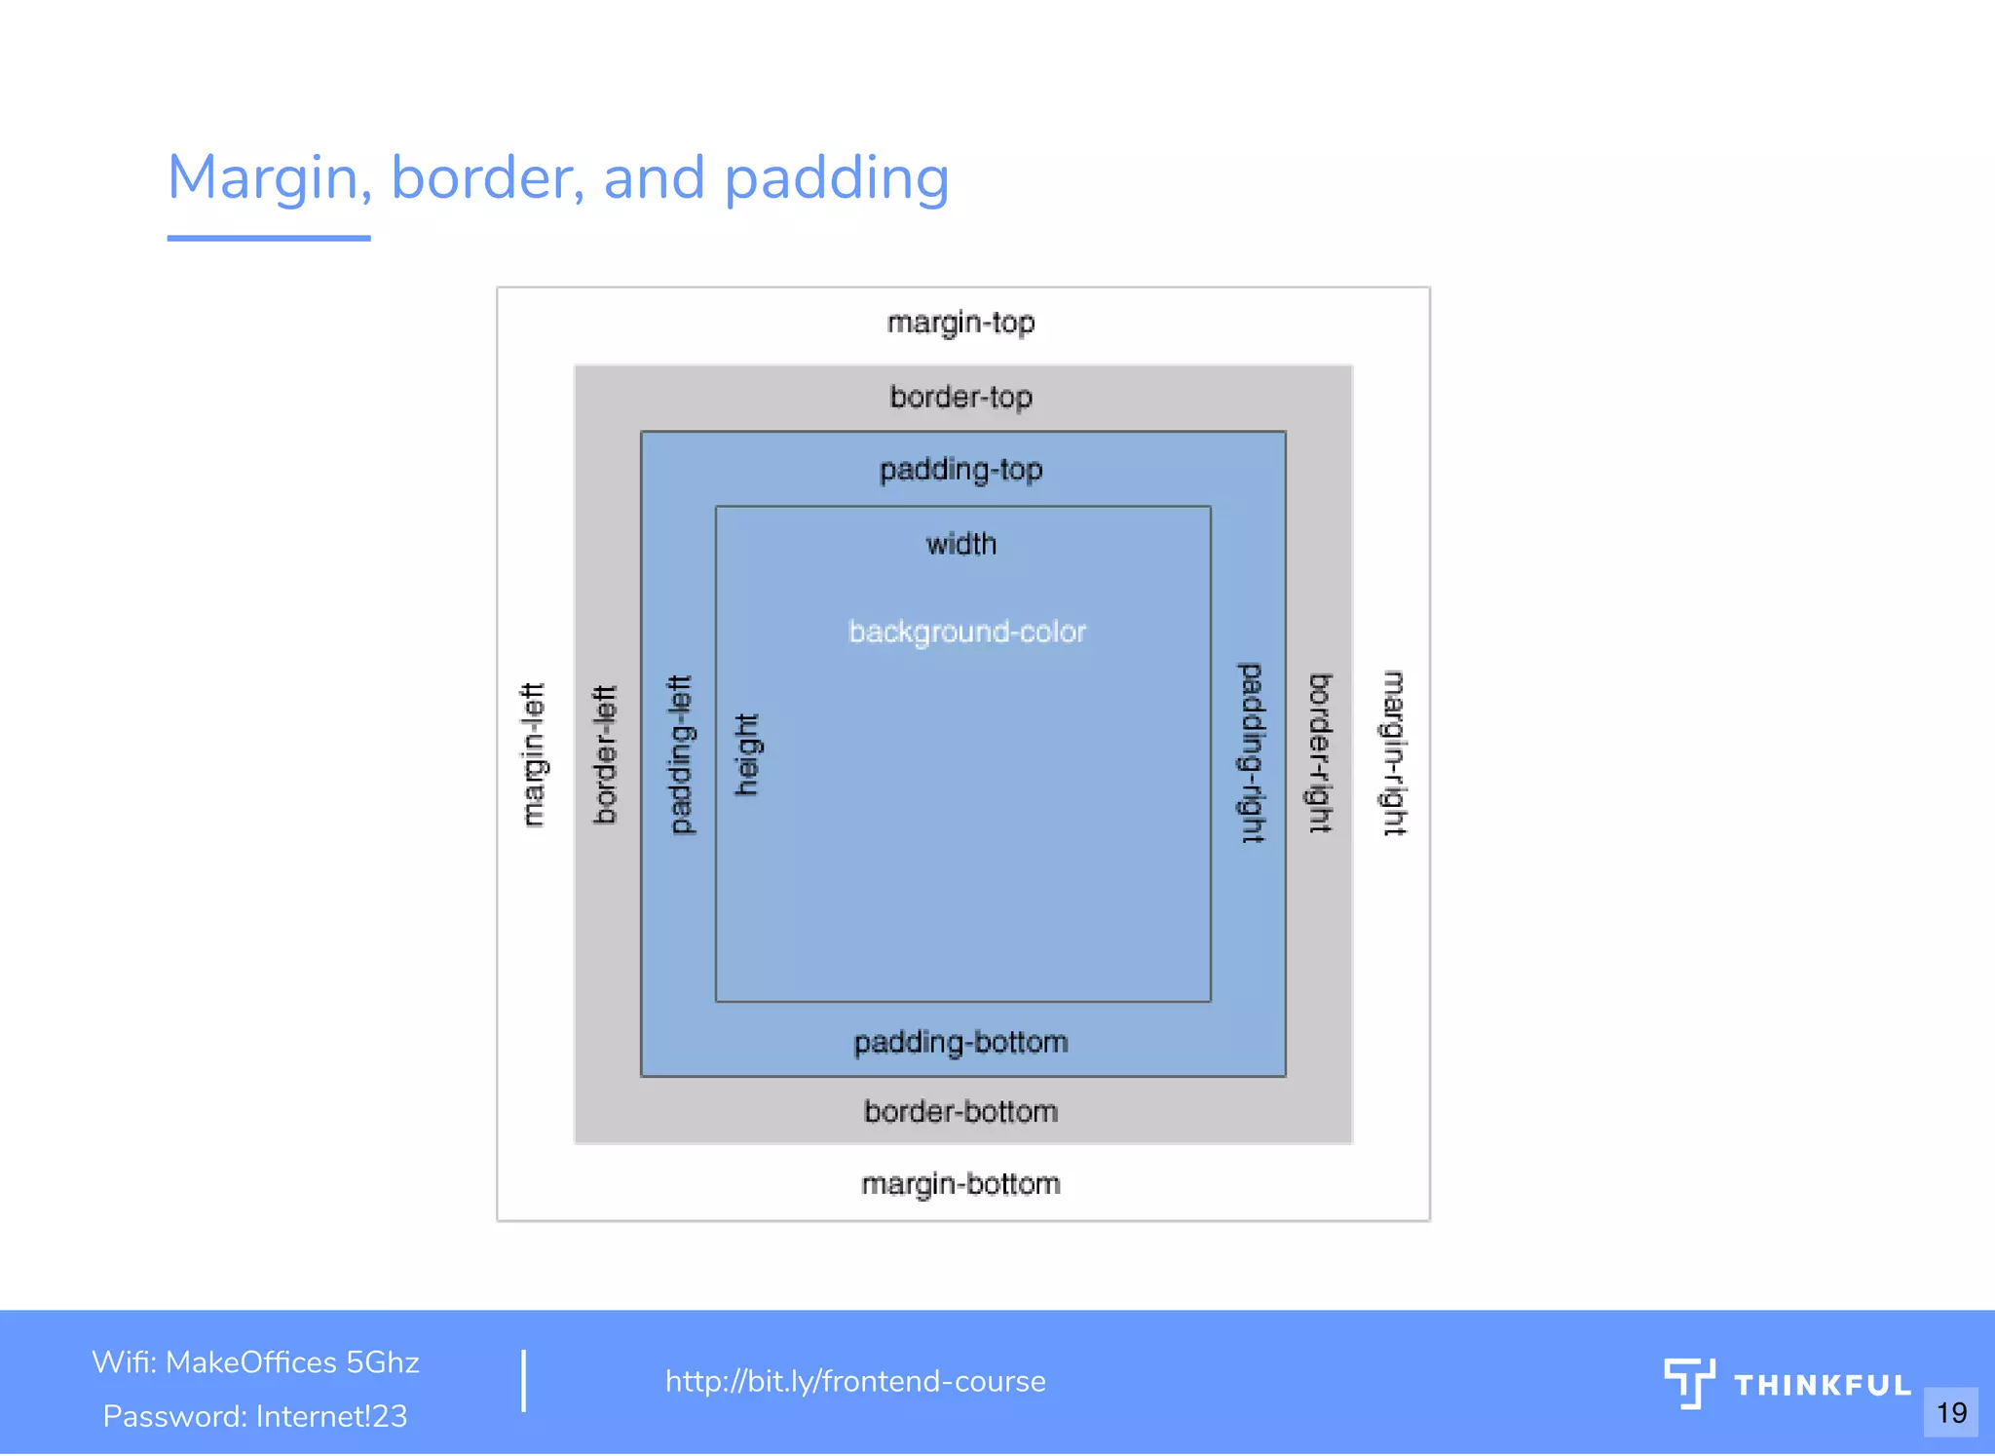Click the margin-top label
[x=960, y=323]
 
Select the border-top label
[x=960, y=398]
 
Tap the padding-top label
[x=960, y=470]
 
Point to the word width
[x=960, y=544]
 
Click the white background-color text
[x=967, y=632]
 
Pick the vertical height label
[x=747, y=754]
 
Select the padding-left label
[x=681, y=754]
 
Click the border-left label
[x=606, y=754]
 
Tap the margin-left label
[x=532, y=754]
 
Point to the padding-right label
[x=1252, y=752]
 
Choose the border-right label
[x=1320, y=752]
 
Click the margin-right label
[x=1395, y=752]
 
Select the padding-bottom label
[x=960, y=1043]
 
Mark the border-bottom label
[x=960, y=1112]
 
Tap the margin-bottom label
[x=960, y=1184]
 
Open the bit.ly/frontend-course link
[x=855, y=1381]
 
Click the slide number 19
[x=1951, y=1412]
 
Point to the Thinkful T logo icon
[x=1689, y=1383]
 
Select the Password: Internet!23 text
[x=255, y=1416]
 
